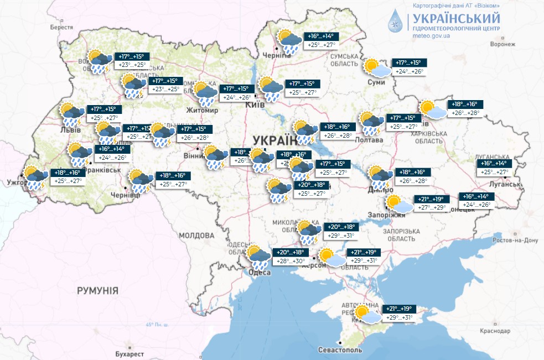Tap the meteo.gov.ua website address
click(431, 36)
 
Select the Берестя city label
click(61, 27)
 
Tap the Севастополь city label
click(340, 350)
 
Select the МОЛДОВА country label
click(196, 236)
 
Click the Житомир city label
click(204, 110)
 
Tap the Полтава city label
click(370, 140)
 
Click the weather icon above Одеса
click(258, 255)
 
